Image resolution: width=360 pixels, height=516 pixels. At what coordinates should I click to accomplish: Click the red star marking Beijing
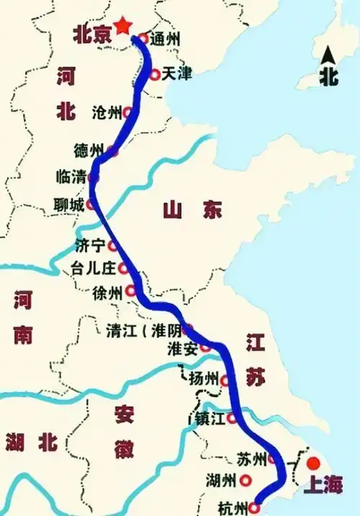pyautogui.click(x=123, y=25)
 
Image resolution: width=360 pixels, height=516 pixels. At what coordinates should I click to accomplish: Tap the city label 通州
pyautogui.click(x=164, y=40)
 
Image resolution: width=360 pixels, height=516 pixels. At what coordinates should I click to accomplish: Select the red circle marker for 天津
pyautogui.click(x=155, y=74)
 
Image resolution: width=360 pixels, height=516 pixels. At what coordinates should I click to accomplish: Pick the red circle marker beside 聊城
pyautogui.click(x=91, y=205)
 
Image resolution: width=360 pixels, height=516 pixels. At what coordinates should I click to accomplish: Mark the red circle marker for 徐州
pyautogui.click(x=130, y=291)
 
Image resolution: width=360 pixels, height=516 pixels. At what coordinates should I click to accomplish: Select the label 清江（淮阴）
pyautogui.click(x=143, y=331)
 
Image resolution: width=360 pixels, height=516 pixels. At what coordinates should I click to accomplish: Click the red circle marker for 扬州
pyautogui.click(x=225, y=380)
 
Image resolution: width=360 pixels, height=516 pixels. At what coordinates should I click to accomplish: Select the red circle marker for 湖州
pyautogui.click(x=246, y=479)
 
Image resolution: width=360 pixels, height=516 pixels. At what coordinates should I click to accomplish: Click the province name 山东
pyautogui.click(x=192, y=210)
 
